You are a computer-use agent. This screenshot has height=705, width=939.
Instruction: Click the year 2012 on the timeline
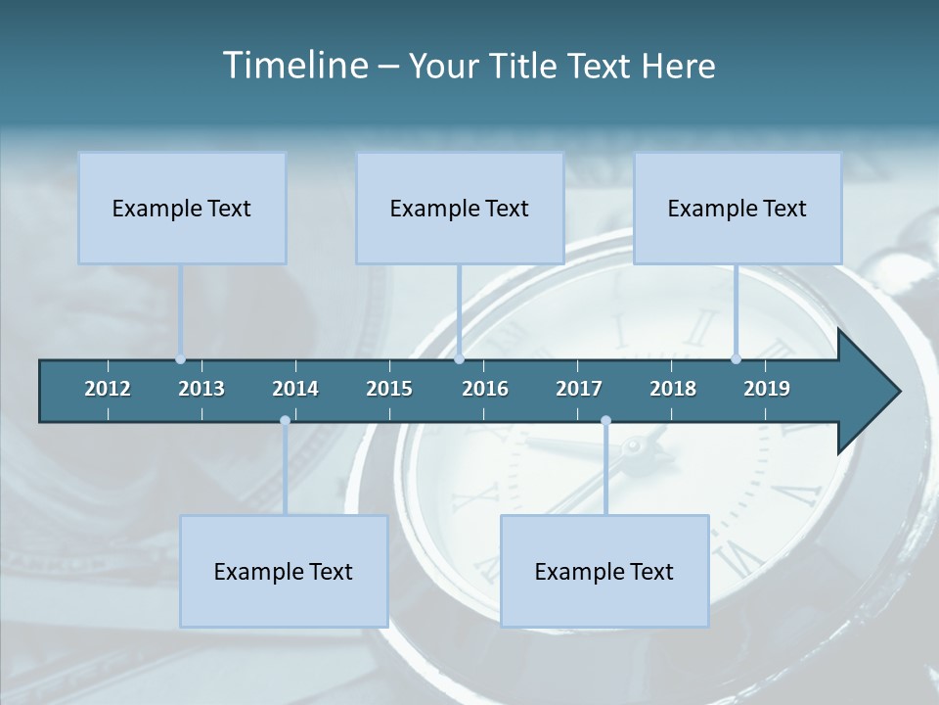tap(108, 389)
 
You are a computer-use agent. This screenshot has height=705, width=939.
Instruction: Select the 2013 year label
tap(201, 389)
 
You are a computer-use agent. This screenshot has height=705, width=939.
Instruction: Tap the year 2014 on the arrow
tap(295, 389)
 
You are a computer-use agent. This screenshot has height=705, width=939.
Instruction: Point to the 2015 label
tap(389, 389)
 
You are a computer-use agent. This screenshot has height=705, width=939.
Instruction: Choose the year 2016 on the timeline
tap(485, 389)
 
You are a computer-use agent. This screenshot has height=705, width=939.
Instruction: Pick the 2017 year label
tap(579, 389)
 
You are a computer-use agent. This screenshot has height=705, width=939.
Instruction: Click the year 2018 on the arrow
tap(673, 389)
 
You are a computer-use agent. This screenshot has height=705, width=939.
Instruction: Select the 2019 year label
tap(767, 389)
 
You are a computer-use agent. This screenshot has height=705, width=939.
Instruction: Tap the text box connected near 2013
tap(182, 208)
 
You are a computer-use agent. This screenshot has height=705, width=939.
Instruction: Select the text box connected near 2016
tap(460, 208)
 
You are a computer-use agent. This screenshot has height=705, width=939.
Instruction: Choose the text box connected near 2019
tap(738, 208)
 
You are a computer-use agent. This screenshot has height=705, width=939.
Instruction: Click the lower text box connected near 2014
tap(284, 571)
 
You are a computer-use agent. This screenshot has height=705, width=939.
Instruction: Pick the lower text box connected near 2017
tap(604, 571)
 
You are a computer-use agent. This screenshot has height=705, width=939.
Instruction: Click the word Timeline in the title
tap(293, 66)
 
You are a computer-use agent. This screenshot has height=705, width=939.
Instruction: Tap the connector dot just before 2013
tap(180, 359)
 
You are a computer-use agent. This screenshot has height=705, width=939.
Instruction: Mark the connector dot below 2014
tap(285, 421)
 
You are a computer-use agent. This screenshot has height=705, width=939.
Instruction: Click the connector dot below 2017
tap(605, 421)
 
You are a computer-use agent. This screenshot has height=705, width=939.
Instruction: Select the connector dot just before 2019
tap(737, 359)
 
